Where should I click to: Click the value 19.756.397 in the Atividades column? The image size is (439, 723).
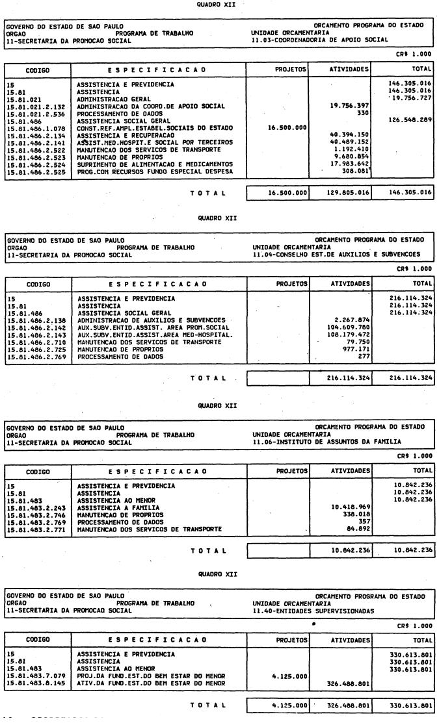pos(351,105)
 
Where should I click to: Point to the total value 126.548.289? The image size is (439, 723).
pos(410,120)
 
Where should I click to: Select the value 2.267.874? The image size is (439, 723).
pos(353,320)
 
